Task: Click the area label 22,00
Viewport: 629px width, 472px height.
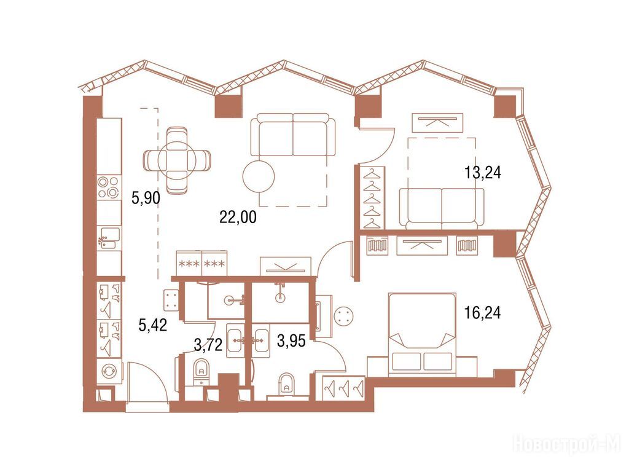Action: (x=238, y=217)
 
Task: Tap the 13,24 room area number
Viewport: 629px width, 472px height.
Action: (x=482, y=173)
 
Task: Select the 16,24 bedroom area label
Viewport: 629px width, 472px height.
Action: (x=482, y=312)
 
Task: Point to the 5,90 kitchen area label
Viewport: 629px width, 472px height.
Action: (x=146, y=198)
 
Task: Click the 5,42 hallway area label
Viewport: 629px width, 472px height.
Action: (x=152, y=324)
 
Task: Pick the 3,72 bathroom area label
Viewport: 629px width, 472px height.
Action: (x=208, y=344)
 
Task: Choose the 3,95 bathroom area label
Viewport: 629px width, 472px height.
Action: (x=291, y=340)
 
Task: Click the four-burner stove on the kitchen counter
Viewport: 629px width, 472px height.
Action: (x=109, y=187)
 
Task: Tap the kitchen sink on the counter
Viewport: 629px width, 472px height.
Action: (x=109, y=238)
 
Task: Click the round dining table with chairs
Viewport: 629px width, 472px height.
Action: (x=177, y=159)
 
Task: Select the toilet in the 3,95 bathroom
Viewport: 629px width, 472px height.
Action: (x=286, y=383)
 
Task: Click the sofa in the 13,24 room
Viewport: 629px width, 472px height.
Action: (x=441, y=208)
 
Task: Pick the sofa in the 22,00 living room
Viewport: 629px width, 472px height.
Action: (x=292, y=135)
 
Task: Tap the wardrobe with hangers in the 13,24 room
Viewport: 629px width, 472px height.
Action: (x=373, y=198)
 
